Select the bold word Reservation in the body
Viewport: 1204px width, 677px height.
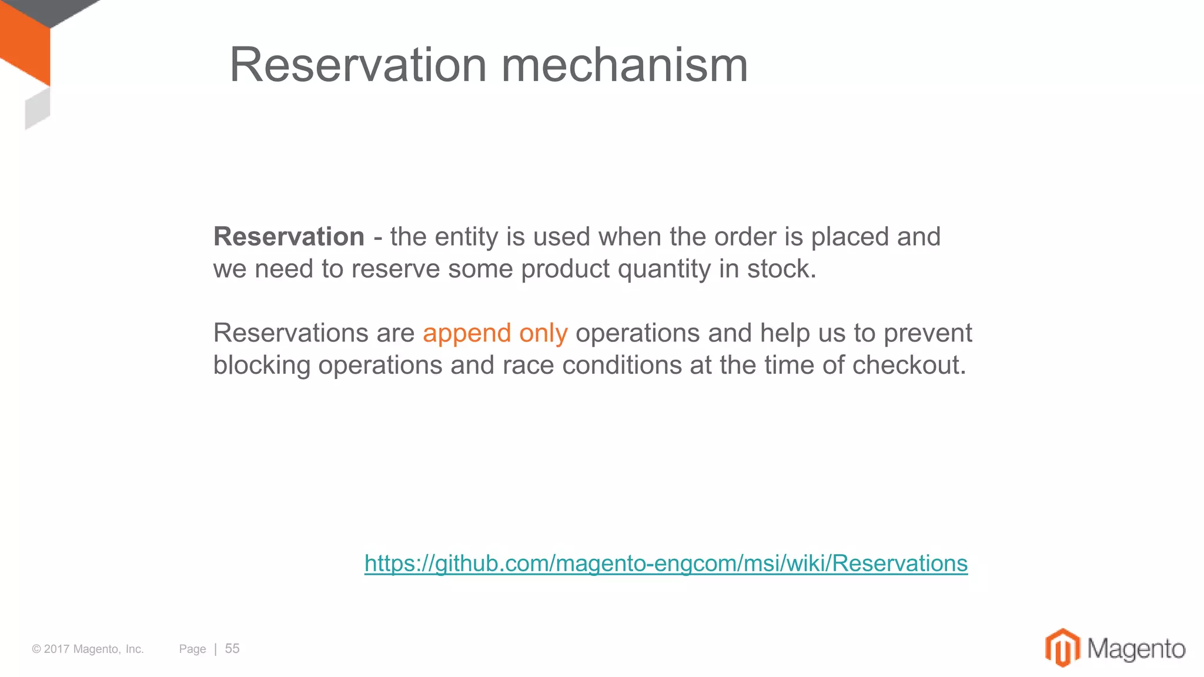pos(289,237)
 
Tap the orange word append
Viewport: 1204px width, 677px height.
pos(467,333)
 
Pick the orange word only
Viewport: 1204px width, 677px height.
pos(543,333)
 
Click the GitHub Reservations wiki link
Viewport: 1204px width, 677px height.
pos(665,563)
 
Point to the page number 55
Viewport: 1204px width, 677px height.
pos(232,648)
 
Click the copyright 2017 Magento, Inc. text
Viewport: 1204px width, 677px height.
pos(88,649)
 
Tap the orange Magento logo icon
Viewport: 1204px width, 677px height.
pos(1062,648)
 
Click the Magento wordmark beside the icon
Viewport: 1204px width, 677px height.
pos(1136,649)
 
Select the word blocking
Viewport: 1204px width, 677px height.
pos(262,365)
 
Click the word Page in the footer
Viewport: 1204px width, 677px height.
pos(192,649)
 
